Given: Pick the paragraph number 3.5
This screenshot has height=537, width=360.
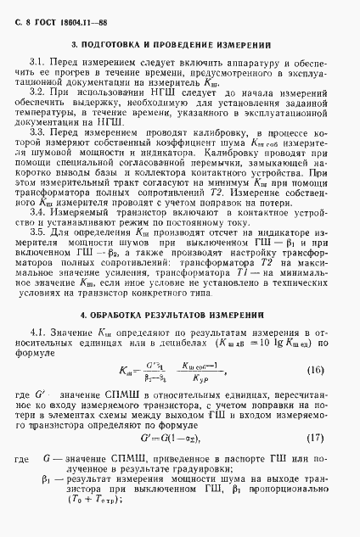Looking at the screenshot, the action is click(x=36, y=232).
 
